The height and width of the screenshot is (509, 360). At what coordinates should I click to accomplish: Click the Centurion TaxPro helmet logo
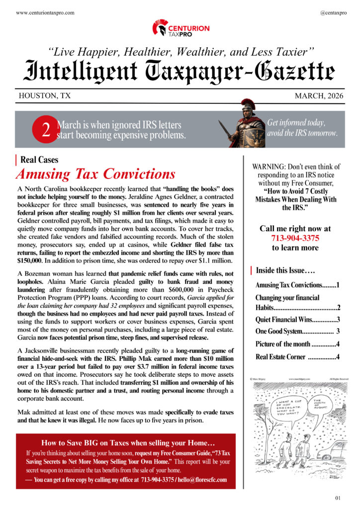(160, 28)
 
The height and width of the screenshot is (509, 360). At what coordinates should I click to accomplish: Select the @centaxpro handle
(334, 11)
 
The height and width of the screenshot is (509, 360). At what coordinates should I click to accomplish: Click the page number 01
(338, 498)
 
